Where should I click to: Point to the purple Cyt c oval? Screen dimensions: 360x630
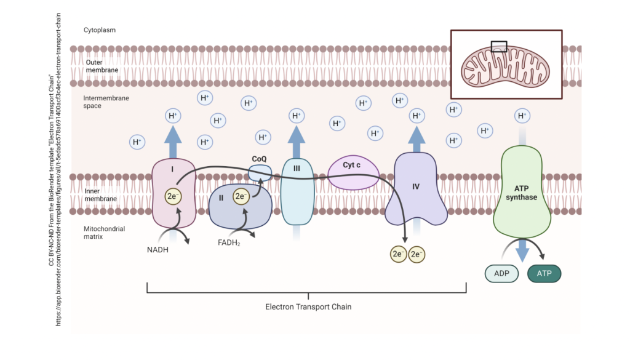tap(352, 172)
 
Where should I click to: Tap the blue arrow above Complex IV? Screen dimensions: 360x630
tap(417, 139)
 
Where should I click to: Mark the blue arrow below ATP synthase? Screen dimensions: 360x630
tap(522, 249)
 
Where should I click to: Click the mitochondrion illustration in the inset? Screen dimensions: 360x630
tap(506, 64)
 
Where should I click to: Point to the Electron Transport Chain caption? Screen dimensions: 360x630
tap(308, 306)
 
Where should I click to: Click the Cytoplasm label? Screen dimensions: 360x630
tap(100, 30)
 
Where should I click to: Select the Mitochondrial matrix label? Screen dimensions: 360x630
tap(104, 232)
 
